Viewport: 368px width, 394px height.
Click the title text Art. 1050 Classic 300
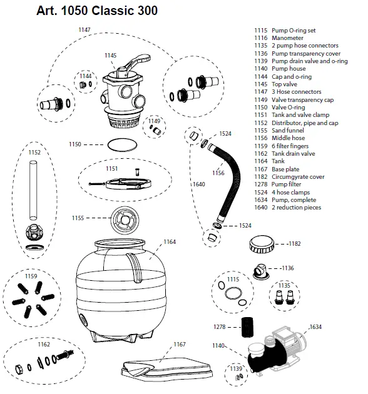(87, 11)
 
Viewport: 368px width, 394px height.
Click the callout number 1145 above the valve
(110, 56)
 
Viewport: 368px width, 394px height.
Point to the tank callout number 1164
(170, 241)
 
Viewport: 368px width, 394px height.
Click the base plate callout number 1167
(179, 345)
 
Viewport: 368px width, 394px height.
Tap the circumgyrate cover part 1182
(260, 243)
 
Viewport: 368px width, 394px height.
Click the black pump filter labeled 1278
(247, 326)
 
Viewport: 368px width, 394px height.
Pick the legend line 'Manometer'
(288, 38)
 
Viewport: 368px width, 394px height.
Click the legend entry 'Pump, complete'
(292, 201)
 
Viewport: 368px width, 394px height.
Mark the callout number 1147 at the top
(84, 29)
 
